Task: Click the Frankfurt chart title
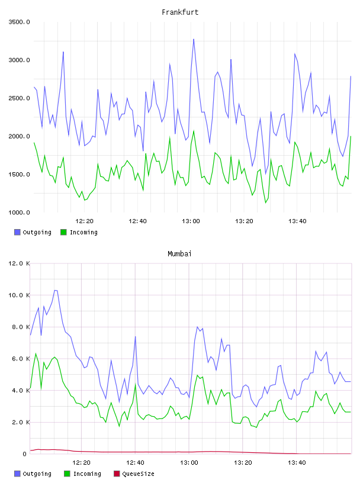coord(180,12)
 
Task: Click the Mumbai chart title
coord(179,254)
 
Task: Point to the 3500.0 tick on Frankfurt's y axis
coord(19,22)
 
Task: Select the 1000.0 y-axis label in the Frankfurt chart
coord(19,212)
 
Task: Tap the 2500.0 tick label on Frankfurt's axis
coord(19,98)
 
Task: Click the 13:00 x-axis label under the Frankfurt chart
coord(191,221)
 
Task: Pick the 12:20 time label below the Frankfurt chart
coord(84,221)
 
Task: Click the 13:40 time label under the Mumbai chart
coord(297,463)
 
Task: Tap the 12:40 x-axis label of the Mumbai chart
coord(135,463)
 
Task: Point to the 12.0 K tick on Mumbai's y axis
coord(19,263)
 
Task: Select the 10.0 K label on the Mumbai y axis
coord(19,295)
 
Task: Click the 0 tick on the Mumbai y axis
coord(25,454)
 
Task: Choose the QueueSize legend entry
coord(134,474)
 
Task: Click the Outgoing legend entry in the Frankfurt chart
coord(33,232)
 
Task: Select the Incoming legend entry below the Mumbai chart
coord(83,474)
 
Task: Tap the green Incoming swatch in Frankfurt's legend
coord(63,232)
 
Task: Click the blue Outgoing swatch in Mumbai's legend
coord(17,474)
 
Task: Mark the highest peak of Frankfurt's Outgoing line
coord(194,39)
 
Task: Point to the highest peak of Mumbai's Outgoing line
coord(56,290)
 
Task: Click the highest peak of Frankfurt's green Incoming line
coord(194,131)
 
